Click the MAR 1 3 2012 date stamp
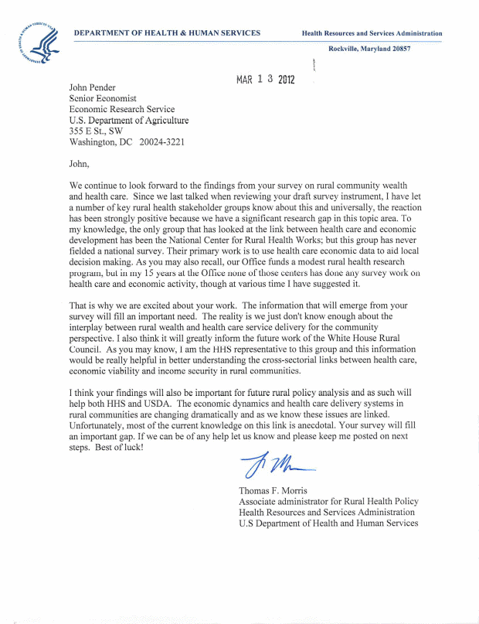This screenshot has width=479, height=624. click(266, 80)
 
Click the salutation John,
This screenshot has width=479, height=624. click(80, 163)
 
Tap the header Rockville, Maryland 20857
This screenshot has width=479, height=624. click(369, 49)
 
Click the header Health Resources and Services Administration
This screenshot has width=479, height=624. click(372, 34)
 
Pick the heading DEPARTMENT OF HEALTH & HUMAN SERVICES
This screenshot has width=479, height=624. click(167, 33)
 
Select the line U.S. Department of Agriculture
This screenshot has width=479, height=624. click(128, 121)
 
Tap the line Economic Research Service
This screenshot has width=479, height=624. click(122, 110)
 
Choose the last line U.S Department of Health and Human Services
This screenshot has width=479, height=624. click(328, 523)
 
